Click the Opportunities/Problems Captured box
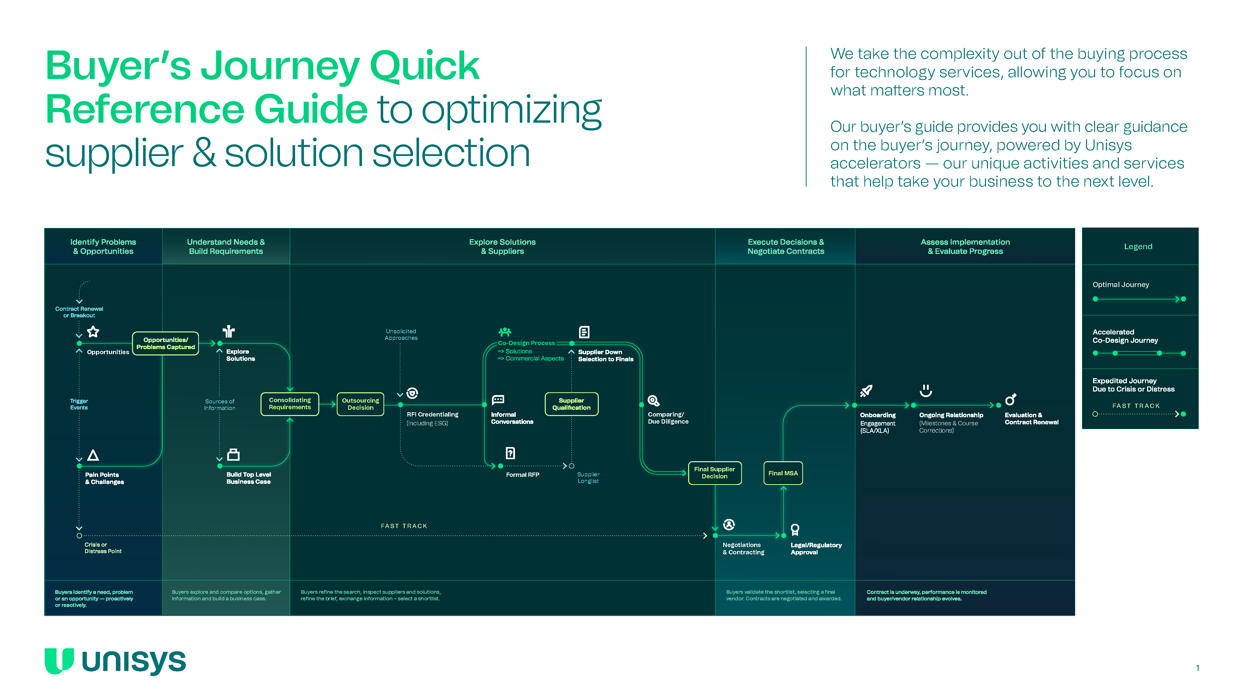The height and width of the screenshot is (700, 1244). tap(165, 343)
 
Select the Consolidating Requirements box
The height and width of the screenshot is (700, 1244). tap(290, 404)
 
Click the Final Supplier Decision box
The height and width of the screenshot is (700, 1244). tap(714, 473)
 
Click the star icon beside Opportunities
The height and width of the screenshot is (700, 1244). tap(93, 332)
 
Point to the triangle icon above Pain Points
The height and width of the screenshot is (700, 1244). tap(93, 455)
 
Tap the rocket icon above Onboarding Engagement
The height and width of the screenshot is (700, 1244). tap(866, 391)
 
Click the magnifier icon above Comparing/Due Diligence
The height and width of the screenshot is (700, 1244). tap(653, 401)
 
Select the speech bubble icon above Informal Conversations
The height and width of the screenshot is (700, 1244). tap(498, 400)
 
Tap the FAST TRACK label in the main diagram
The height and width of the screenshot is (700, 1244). tap(404, 526)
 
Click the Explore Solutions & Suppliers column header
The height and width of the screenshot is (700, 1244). tap(502, 246)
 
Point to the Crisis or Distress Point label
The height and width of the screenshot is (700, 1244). tap(103, 548)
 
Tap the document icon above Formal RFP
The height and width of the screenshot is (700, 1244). tap(510, 453)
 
